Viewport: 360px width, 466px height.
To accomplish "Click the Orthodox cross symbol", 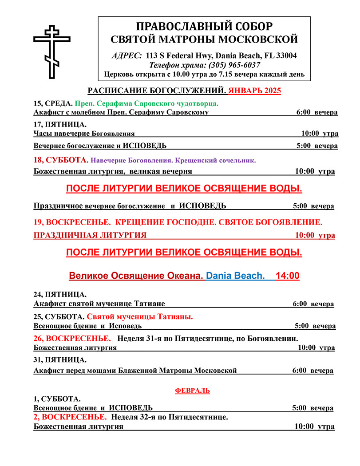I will (52, 52).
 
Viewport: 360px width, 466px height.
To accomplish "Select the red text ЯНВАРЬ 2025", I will (254, 91).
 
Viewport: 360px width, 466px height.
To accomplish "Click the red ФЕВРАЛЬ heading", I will (193, 391).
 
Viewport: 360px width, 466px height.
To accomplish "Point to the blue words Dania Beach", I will (235, 276).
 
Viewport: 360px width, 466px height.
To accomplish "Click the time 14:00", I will (287, 276).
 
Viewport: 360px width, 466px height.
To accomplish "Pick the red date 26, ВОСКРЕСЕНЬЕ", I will (71, 339).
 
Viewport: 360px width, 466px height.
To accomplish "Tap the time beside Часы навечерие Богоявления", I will (319, 133).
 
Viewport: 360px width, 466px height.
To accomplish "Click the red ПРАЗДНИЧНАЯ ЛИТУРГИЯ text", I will (90, 235).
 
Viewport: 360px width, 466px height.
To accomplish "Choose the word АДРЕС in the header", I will (126, 55).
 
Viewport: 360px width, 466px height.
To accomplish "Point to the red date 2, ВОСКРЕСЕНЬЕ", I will (70, 417).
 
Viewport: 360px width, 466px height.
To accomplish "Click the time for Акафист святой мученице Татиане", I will (313, 304).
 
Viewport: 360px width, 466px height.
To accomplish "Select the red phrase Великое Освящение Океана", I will (136, 276).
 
